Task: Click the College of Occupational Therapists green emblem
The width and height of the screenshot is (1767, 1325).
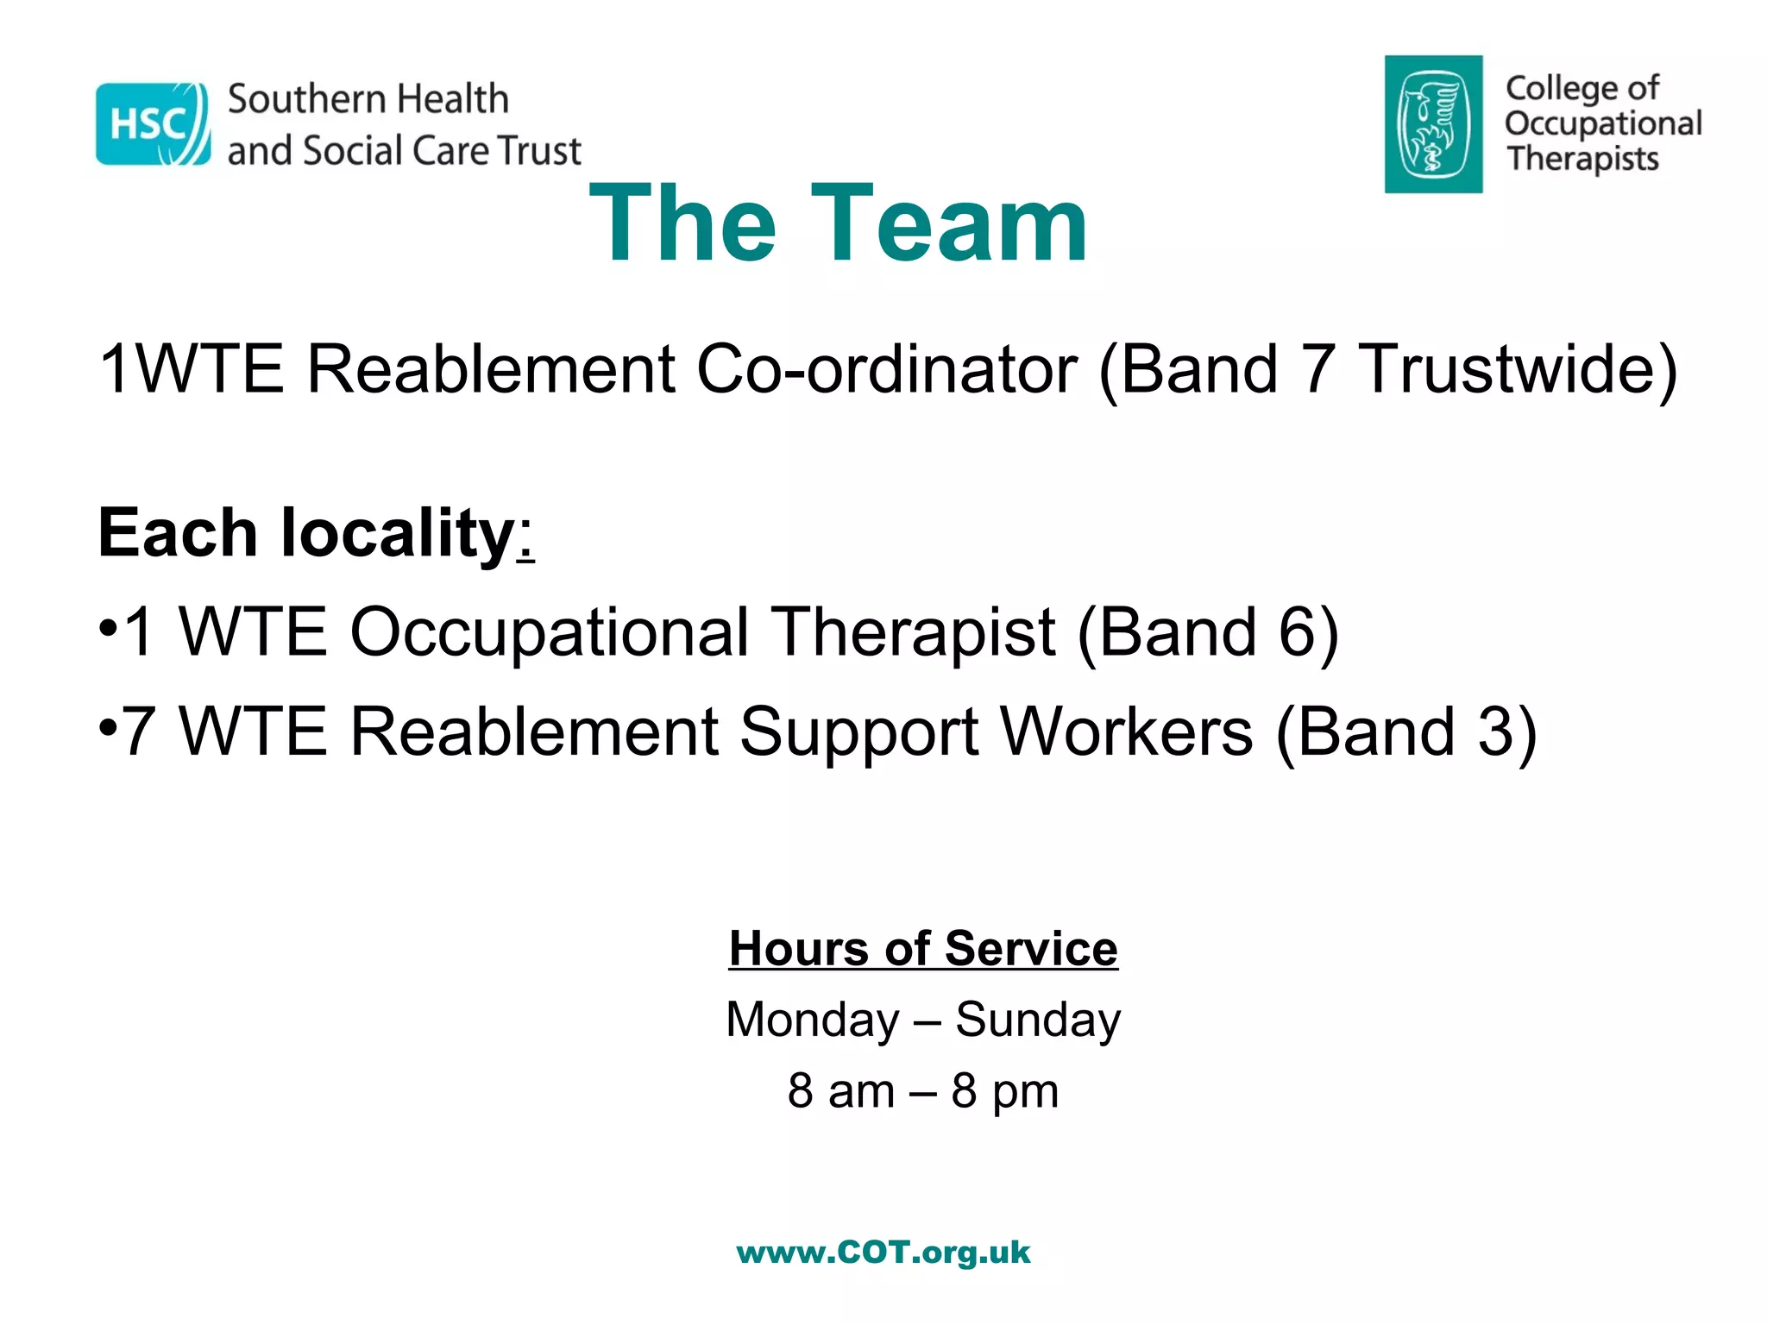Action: [x=1433, y=124]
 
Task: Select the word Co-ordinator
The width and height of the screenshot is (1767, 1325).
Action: [x=886, y=369]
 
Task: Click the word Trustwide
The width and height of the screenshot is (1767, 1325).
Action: [x=1517, y=369]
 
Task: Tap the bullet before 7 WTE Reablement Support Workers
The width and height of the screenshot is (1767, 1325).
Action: [x=107, y=726]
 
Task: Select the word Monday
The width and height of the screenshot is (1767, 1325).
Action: [x=813, y=1020]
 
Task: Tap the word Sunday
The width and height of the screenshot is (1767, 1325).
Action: [x=1038, y=1020]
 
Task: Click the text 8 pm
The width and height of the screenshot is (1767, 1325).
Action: [x=1004, y=1091]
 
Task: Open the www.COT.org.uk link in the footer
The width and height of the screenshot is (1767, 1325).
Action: [x=883, y=1252]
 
